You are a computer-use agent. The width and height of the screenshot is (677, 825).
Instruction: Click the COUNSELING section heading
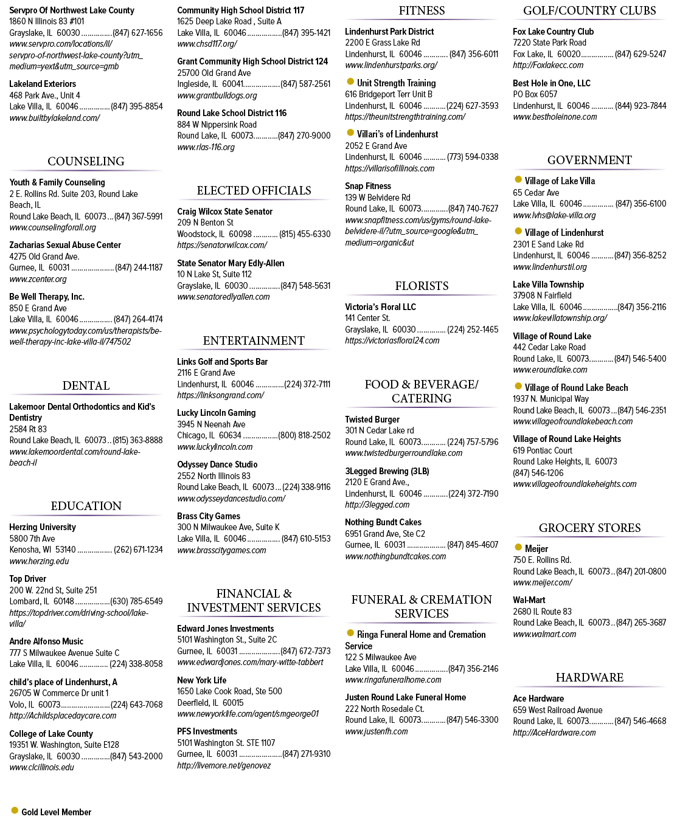86,161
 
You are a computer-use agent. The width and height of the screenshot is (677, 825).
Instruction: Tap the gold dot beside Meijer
518,547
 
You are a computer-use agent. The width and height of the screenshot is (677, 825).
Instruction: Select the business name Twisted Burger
372,419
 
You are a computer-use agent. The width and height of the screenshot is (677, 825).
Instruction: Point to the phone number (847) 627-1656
137,33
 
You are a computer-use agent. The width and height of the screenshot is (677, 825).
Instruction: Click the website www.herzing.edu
39,561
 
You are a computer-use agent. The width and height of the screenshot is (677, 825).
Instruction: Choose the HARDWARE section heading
589,677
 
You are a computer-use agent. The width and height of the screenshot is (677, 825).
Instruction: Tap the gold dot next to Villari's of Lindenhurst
350,133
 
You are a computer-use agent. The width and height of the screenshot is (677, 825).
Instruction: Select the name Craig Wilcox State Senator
224,212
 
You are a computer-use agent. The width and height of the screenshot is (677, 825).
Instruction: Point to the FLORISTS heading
422,286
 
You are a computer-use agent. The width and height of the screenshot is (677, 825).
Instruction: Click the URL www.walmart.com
544,634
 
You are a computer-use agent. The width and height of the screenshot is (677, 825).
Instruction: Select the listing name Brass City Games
209,516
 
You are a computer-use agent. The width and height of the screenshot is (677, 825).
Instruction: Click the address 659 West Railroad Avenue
558,710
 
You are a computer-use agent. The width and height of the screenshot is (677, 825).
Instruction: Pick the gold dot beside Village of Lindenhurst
518,231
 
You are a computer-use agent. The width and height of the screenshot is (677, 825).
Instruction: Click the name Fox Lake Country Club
554,32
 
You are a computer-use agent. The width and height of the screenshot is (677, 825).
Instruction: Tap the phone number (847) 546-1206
538,473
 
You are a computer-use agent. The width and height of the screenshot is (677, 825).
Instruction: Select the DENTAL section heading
86,385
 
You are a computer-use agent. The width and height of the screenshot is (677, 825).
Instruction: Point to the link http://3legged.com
377,505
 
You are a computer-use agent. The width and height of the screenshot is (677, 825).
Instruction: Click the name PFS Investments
207,731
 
